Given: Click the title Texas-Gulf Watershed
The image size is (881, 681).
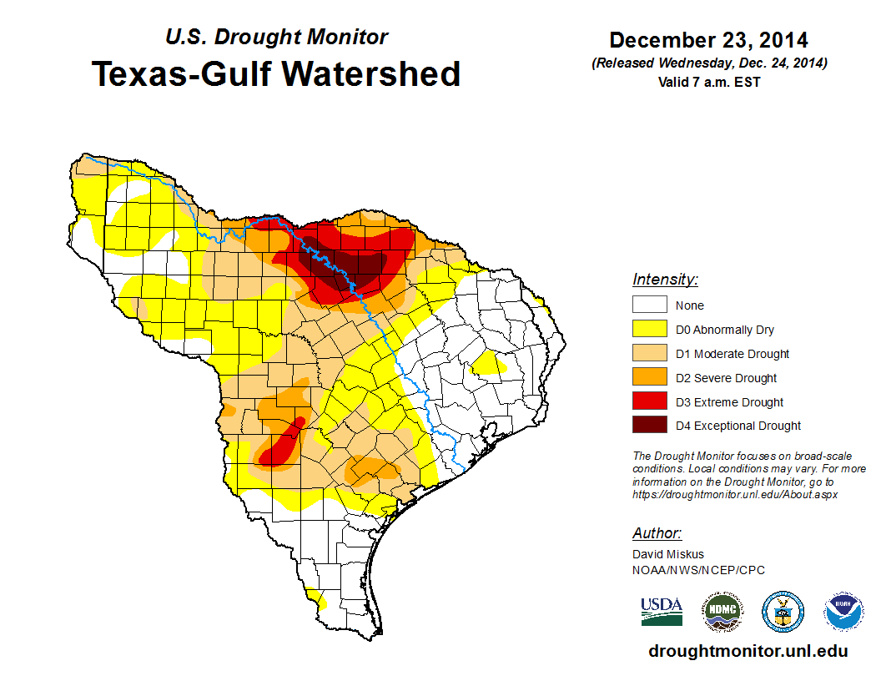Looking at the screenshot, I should pos(276,73).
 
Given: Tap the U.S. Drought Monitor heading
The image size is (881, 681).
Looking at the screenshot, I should pos(276,38).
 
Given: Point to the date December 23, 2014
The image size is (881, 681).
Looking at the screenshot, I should pos(708,40).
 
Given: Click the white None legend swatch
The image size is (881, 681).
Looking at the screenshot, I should pos(649,305).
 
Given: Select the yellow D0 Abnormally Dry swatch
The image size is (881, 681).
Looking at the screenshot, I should pos(649,330).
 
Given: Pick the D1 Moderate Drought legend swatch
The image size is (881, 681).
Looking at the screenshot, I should pos(649,354).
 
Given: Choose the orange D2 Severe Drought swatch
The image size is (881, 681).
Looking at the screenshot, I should pos(649,378).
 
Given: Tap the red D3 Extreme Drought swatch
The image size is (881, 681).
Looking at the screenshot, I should pos(649,402).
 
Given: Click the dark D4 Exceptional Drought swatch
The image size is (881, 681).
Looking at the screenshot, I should pos(649,426).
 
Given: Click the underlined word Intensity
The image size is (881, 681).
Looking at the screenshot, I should pos(665,280).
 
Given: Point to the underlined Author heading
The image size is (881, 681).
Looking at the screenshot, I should pos(657,533).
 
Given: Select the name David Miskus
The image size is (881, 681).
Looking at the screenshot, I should pos(668,554).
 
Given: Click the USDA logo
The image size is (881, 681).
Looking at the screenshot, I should pos(662,612).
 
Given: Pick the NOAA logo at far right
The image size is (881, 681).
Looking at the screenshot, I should pos(844,612).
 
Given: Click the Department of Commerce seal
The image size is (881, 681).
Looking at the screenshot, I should pos(783,612).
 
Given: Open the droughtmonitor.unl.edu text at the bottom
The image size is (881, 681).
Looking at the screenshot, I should pos(748,651).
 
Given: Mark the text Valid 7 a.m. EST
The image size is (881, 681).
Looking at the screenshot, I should pos(708,82).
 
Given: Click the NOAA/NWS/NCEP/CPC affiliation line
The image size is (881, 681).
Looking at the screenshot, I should pos(698,570).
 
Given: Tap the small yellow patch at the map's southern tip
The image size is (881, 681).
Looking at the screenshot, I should pos(316,597).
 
